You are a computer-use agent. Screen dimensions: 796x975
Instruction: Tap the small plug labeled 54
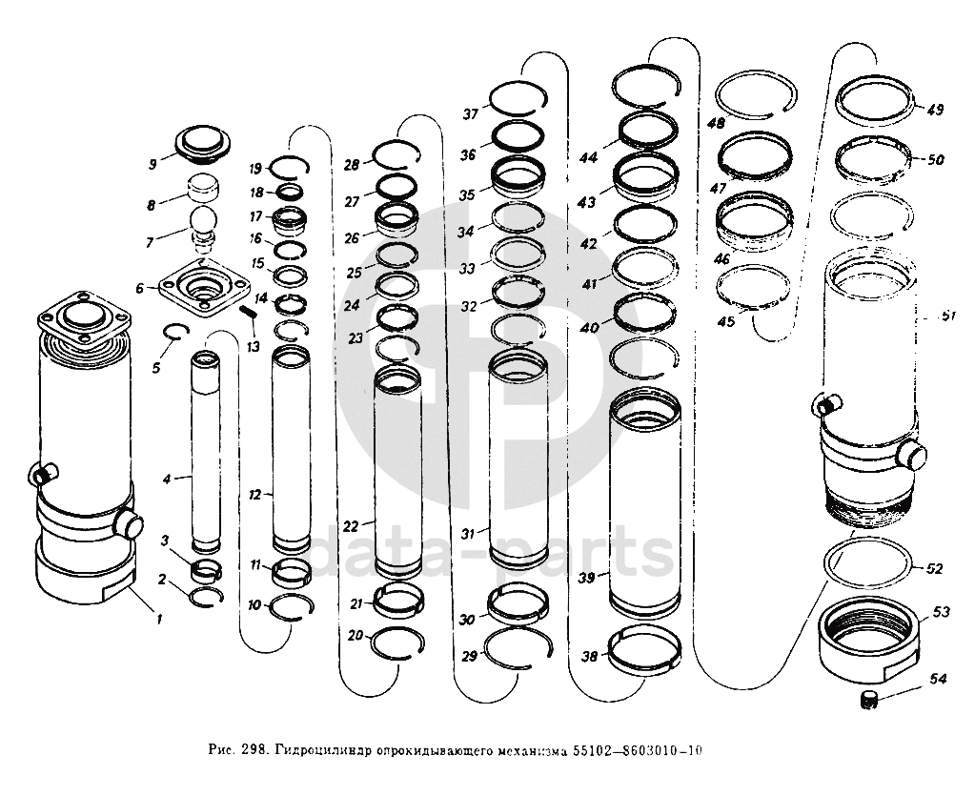tap(868, 704)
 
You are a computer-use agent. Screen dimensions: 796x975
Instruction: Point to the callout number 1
tap(160, 619)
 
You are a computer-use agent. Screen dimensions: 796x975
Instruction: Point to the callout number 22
tap(351, 526)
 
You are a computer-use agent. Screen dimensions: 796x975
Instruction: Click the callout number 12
tap(254, 496)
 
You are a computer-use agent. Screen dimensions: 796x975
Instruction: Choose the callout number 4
tap(167, 478)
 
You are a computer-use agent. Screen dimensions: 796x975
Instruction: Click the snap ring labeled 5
tap(172, 332)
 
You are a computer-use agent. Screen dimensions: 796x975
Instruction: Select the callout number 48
tap(717, 124)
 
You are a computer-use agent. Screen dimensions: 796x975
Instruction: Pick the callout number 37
tap(471, 114)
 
